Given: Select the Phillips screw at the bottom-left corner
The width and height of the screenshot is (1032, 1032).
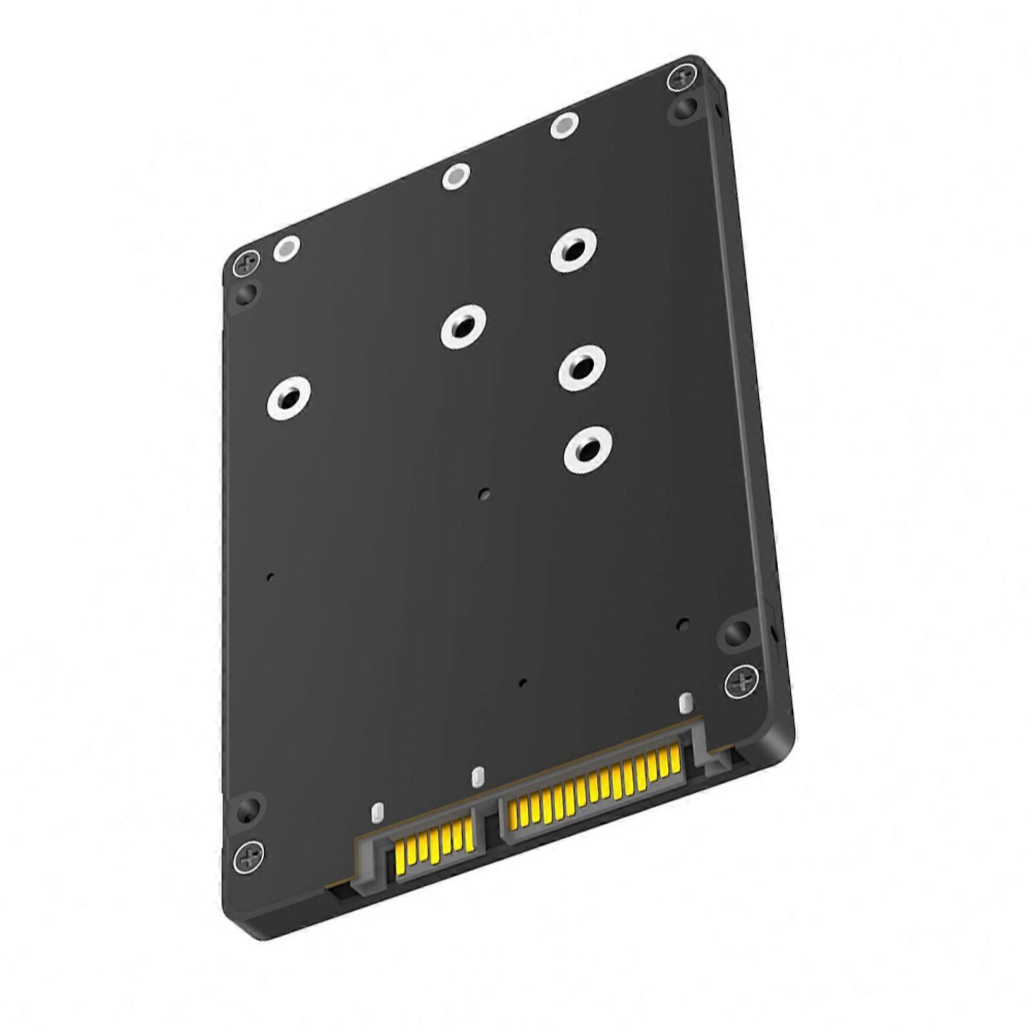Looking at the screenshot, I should pos(250,856).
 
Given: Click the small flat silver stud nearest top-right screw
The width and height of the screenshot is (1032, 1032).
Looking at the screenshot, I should pos(564,125).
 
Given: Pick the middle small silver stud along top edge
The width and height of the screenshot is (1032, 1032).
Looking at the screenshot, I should pos(456,175).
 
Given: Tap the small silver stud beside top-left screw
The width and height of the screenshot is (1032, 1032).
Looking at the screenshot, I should pos(286,248).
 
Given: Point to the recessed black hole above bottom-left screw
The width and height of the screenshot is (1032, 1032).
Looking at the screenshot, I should pos(248,809).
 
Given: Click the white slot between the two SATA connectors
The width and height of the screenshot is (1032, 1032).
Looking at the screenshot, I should pos(477,777).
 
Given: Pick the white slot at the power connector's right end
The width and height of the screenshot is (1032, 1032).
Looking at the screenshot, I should pos(686,702).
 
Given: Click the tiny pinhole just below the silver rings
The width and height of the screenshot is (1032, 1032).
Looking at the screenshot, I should pos(485,495).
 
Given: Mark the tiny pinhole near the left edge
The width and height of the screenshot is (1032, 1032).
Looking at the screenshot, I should pos(271,576).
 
